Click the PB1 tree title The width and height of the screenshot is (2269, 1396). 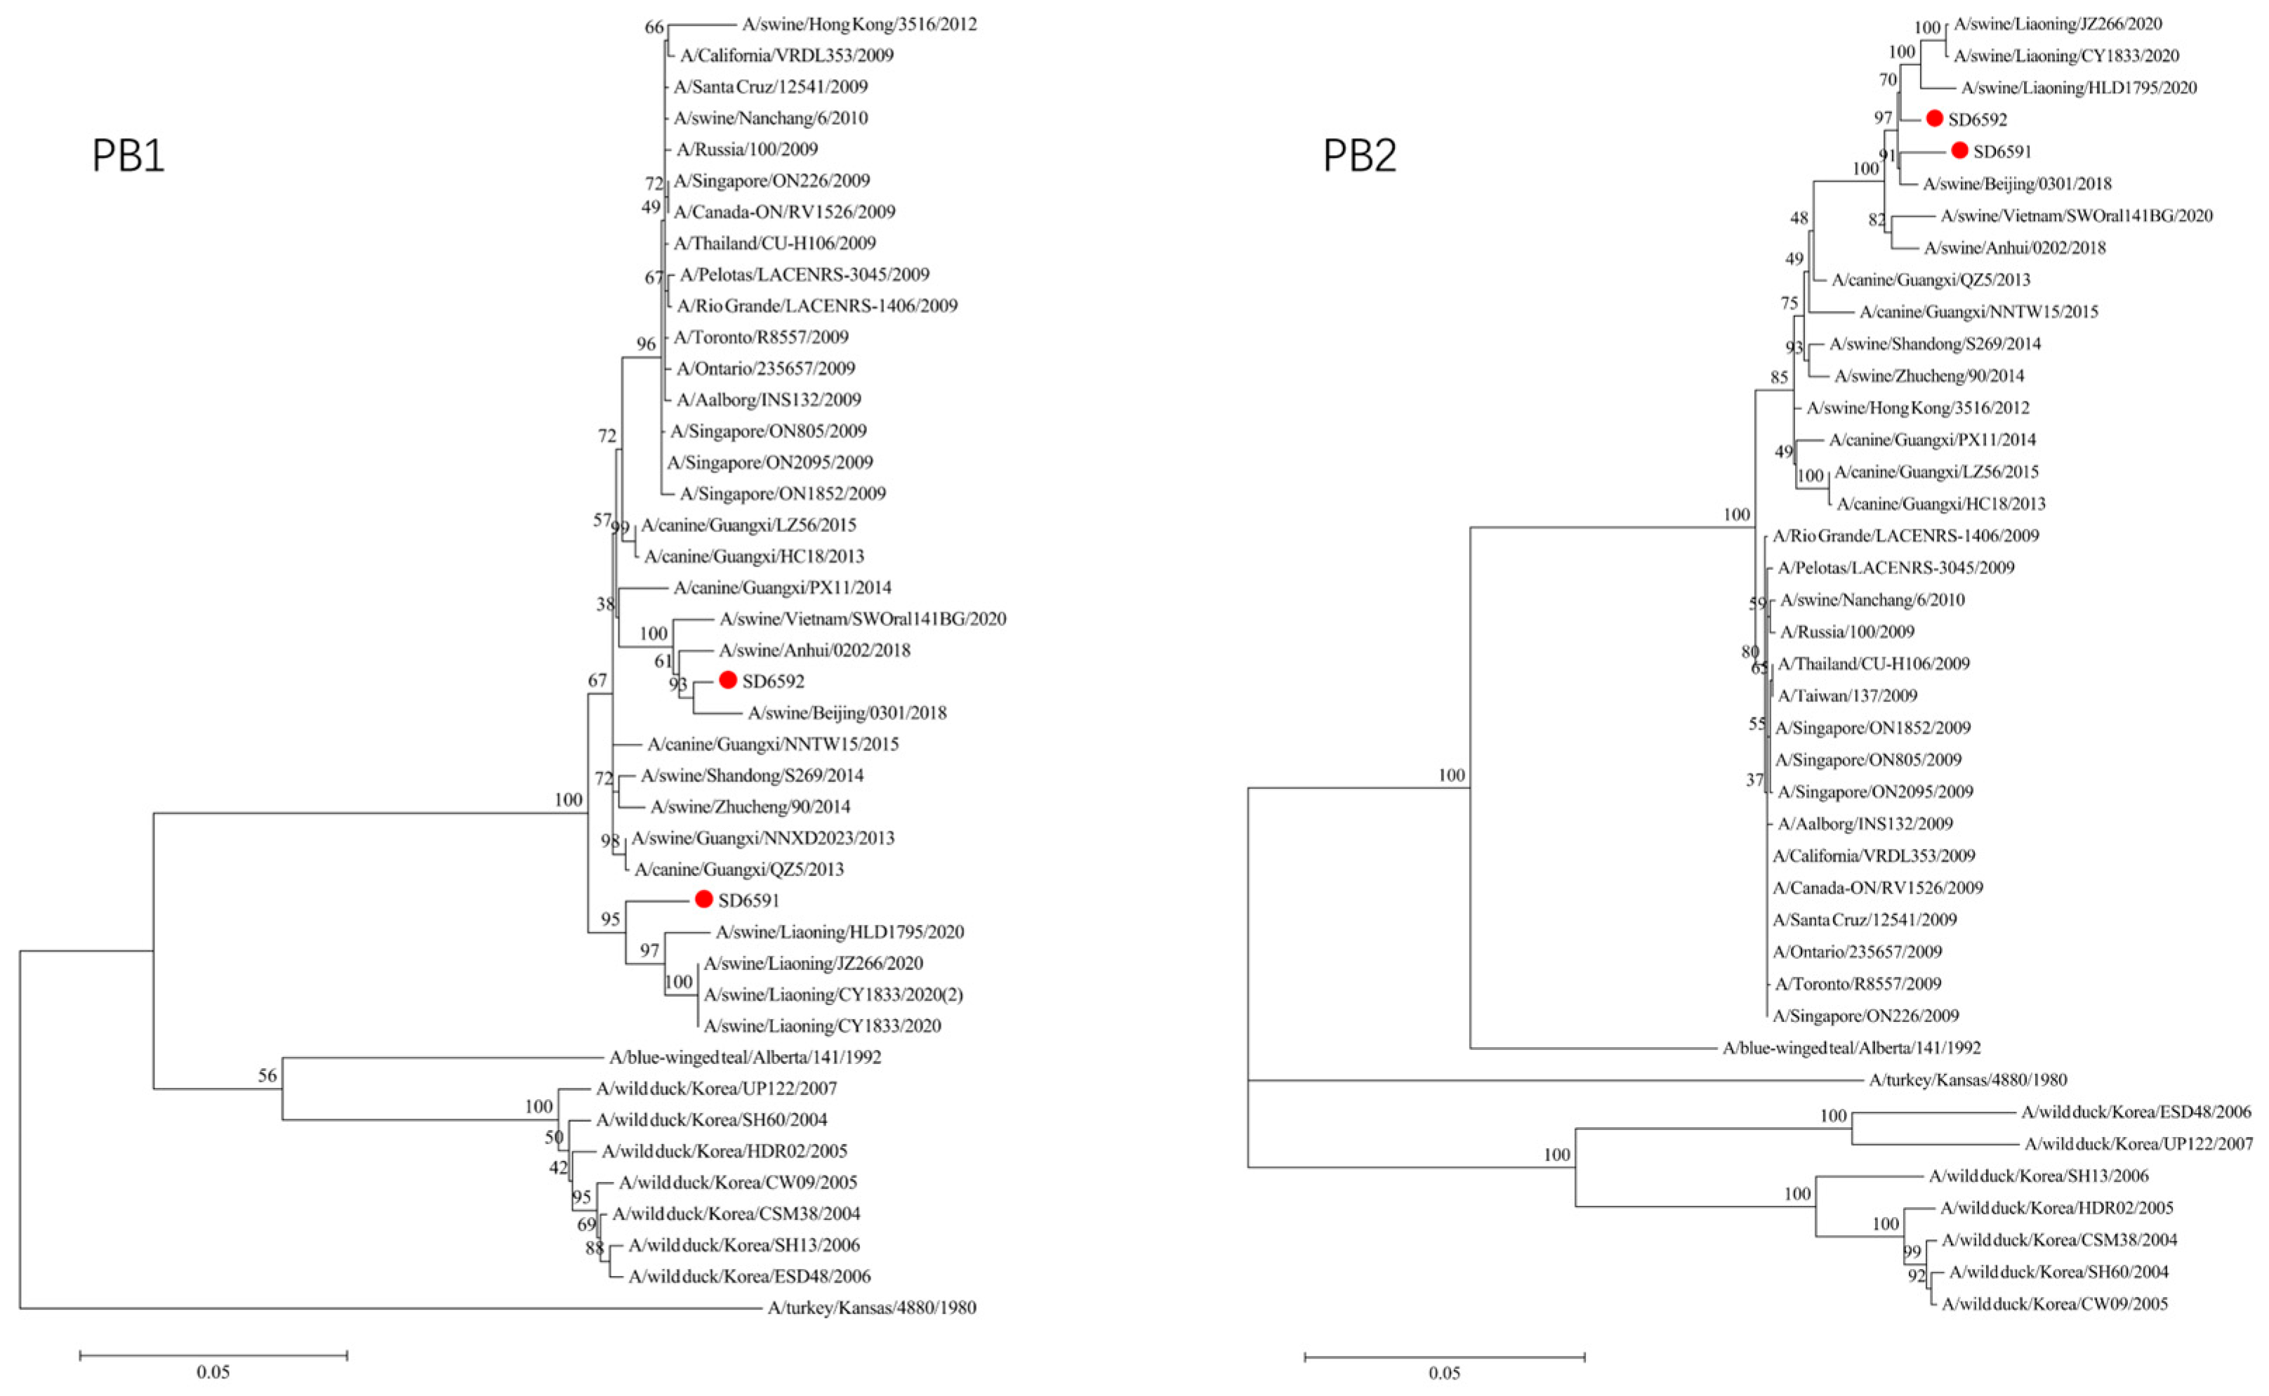pos(128,155)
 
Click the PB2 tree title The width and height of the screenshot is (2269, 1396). pos(1359,155)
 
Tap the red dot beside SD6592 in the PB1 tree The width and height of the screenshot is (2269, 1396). pos(728,681)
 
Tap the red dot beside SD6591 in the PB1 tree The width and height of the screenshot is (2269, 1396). pos(703,899)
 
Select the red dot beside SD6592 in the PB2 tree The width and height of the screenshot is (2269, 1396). pos(1935,118)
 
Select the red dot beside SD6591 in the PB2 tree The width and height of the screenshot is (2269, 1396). pos(1959,150)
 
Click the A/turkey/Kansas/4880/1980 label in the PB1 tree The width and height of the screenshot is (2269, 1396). pos(872,1308)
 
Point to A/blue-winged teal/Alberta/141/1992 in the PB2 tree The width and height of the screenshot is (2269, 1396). pos(1851,1048)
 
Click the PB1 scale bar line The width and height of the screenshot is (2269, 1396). pos(213,1355)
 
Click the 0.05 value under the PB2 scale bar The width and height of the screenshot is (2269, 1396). pos(1444,1373)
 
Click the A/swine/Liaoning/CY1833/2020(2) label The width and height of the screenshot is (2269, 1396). pos(833,995)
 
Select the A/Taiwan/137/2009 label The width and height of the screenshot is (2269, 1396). pos(1847,696)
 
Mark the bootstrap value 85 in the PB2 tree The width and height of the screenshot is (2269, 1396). pos(1779,378)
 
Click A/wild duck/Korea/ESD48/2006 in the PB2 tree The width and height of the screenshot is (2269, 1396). pos(2136,1112)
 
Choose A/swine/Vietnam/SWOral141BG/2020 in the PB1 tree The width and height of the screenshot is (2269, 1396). pos(863,618)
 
